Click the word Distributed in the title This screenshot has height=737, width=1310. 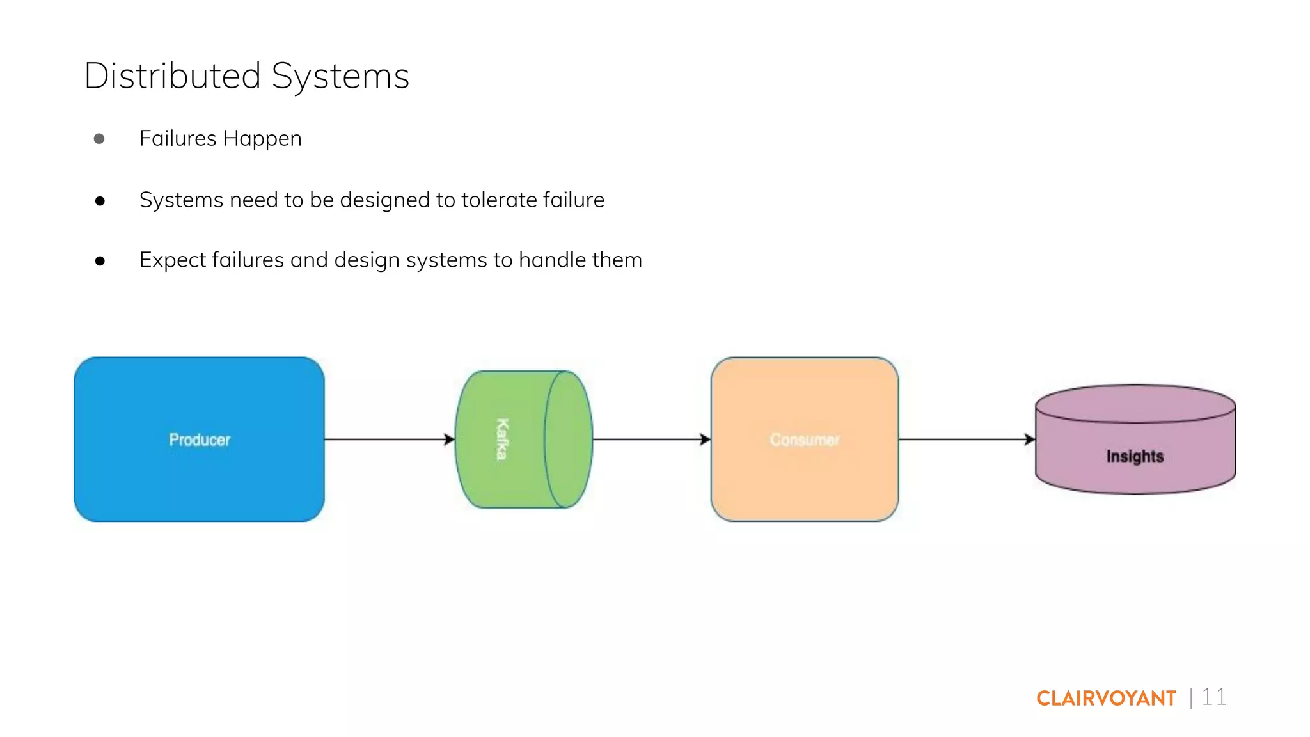[172, 75]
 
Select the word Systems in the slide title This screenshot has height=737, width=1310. [340, 77]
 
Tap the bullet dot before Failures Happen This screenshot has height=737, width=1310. [99, 139]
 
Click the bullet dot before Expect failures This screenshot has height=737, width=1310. [100, 261]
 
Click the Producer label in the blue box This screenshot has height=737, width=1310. [199, 440]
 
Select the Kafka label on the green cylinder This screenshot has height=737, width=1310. [503, 439]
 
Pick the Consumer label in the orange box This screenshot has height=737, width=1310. [804, 440]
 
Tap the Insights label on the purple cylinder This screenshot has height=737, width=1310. [1135, 456]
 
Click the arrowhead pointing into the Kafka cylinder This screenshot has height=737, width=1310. [450, 440]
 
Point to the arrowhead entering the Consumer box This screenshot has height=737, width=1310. [706, 440]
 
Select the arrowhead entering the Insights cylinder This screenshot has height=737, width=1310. [1030, 440]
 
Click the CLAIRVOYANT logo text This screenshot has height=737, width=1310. [1106, 698]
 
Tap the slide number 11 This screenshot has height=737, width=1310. [1213, 697]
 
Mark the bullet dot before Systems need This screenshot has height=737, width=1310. [100, 201]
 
